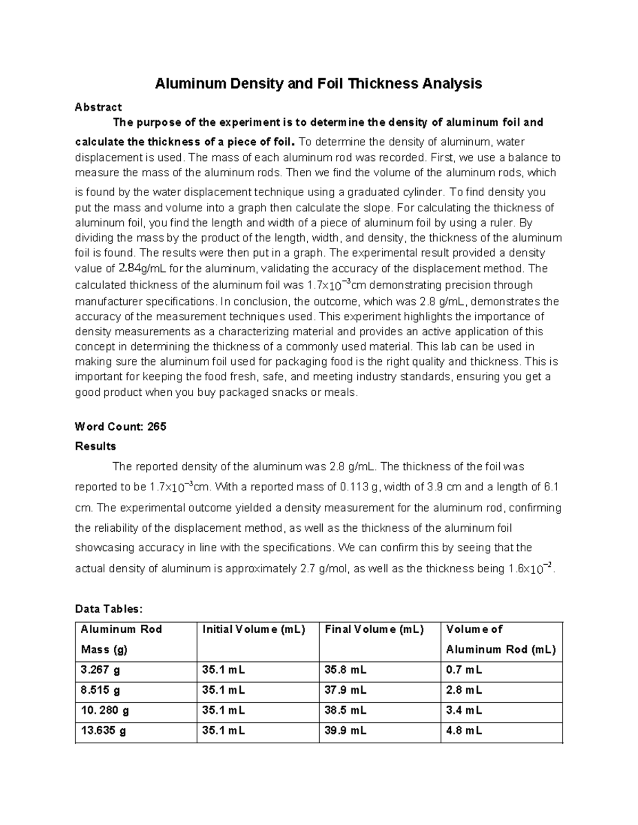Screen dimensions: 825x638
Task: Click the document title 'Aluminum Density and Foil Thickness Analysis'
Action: [318, 83]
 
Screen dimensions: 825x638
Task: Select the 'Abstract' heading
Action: [98, 107]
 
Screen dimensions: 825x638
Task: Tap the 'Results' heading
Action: [96, 446]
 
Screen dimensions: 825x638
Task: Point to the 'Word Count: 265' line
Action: [121, 427]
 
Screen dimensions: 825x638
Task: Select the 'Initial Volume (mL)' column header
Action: [254, 630]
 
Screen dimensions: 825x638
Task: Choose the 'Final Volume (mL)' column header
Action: [374, 630]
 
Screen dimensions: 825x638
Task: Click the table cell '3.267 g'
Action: [100, 670]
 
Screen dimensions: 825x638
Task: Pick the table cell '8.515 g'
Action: [100, 691]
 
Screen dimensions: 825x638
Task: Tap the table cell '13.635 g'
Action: [103, 731]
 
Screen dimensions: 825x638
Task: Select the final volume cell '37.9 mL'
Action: [345, 691]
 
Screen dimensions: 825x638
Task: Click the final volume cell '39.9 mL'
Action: [345, 731]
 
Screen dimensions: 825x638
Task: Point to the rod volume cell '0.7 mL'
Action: [464, 670]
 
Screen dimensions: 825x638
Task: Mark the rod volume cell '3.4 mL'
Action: [464, 711]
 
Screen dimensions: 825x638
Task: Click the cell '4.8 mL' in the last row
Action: [464, 731]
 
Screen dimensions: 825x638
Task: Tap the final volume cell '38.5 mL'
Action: [345, 711]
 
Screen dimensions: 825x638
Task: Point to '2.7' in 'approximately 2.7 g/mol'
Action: [304, 569]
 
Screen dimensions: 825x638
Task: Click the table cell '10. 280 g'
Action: [105, 711]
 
